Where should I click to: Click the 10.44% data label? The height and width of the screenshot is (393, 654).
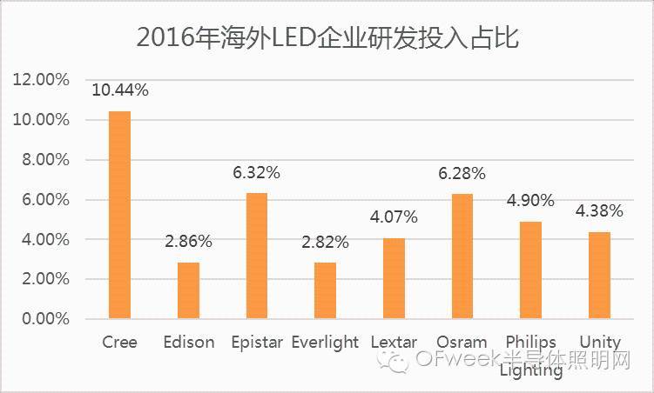pos(119,90)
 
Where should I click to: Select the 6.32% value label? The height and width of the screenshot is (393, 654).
pos(257,172)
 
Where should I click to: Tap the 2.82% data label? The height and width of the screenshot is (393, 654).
pos(325,242)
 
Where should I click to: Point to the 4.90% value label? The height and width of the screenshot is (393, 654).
pos(530,201)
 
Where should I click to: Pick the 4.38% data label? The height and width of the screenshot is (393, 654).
pos(599,211)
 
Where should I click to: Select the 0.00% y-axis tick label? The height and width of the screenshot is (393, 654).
pos(42,319)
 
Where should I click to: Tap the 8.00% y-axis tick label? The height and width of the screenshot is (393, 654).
pos(42,160)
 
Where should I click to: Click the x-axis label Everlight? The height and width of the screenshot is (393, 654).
pos(325,342)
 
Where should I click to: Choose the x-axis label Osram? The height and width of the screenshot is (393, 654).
pos(462,342)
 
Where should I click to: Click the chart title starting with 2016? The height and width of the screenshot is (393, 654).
pos(327,37)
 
